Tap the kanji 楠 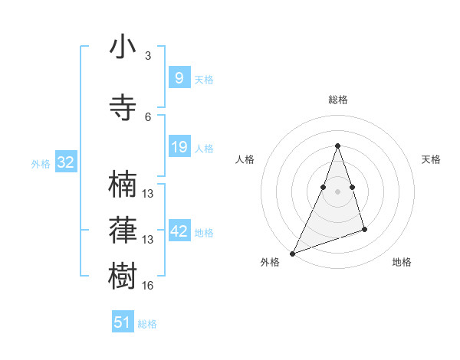123,185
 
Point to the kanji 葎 123,229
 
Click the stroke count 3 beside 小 148,56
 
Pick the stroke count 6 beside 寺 148,116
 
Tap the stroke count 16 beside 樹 148,286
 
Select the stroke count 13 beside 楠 148,194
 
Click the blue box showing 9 179,78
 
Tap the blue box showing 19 179,147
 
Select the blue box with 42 179,231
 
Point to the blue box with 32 65,162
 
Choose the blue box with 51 123,322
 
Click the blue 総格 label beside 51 147,324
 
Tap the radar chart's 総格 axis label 337,100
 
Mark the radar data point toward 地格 364,229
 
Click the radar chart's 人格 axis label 245,159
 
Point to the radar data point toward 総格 337,146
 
